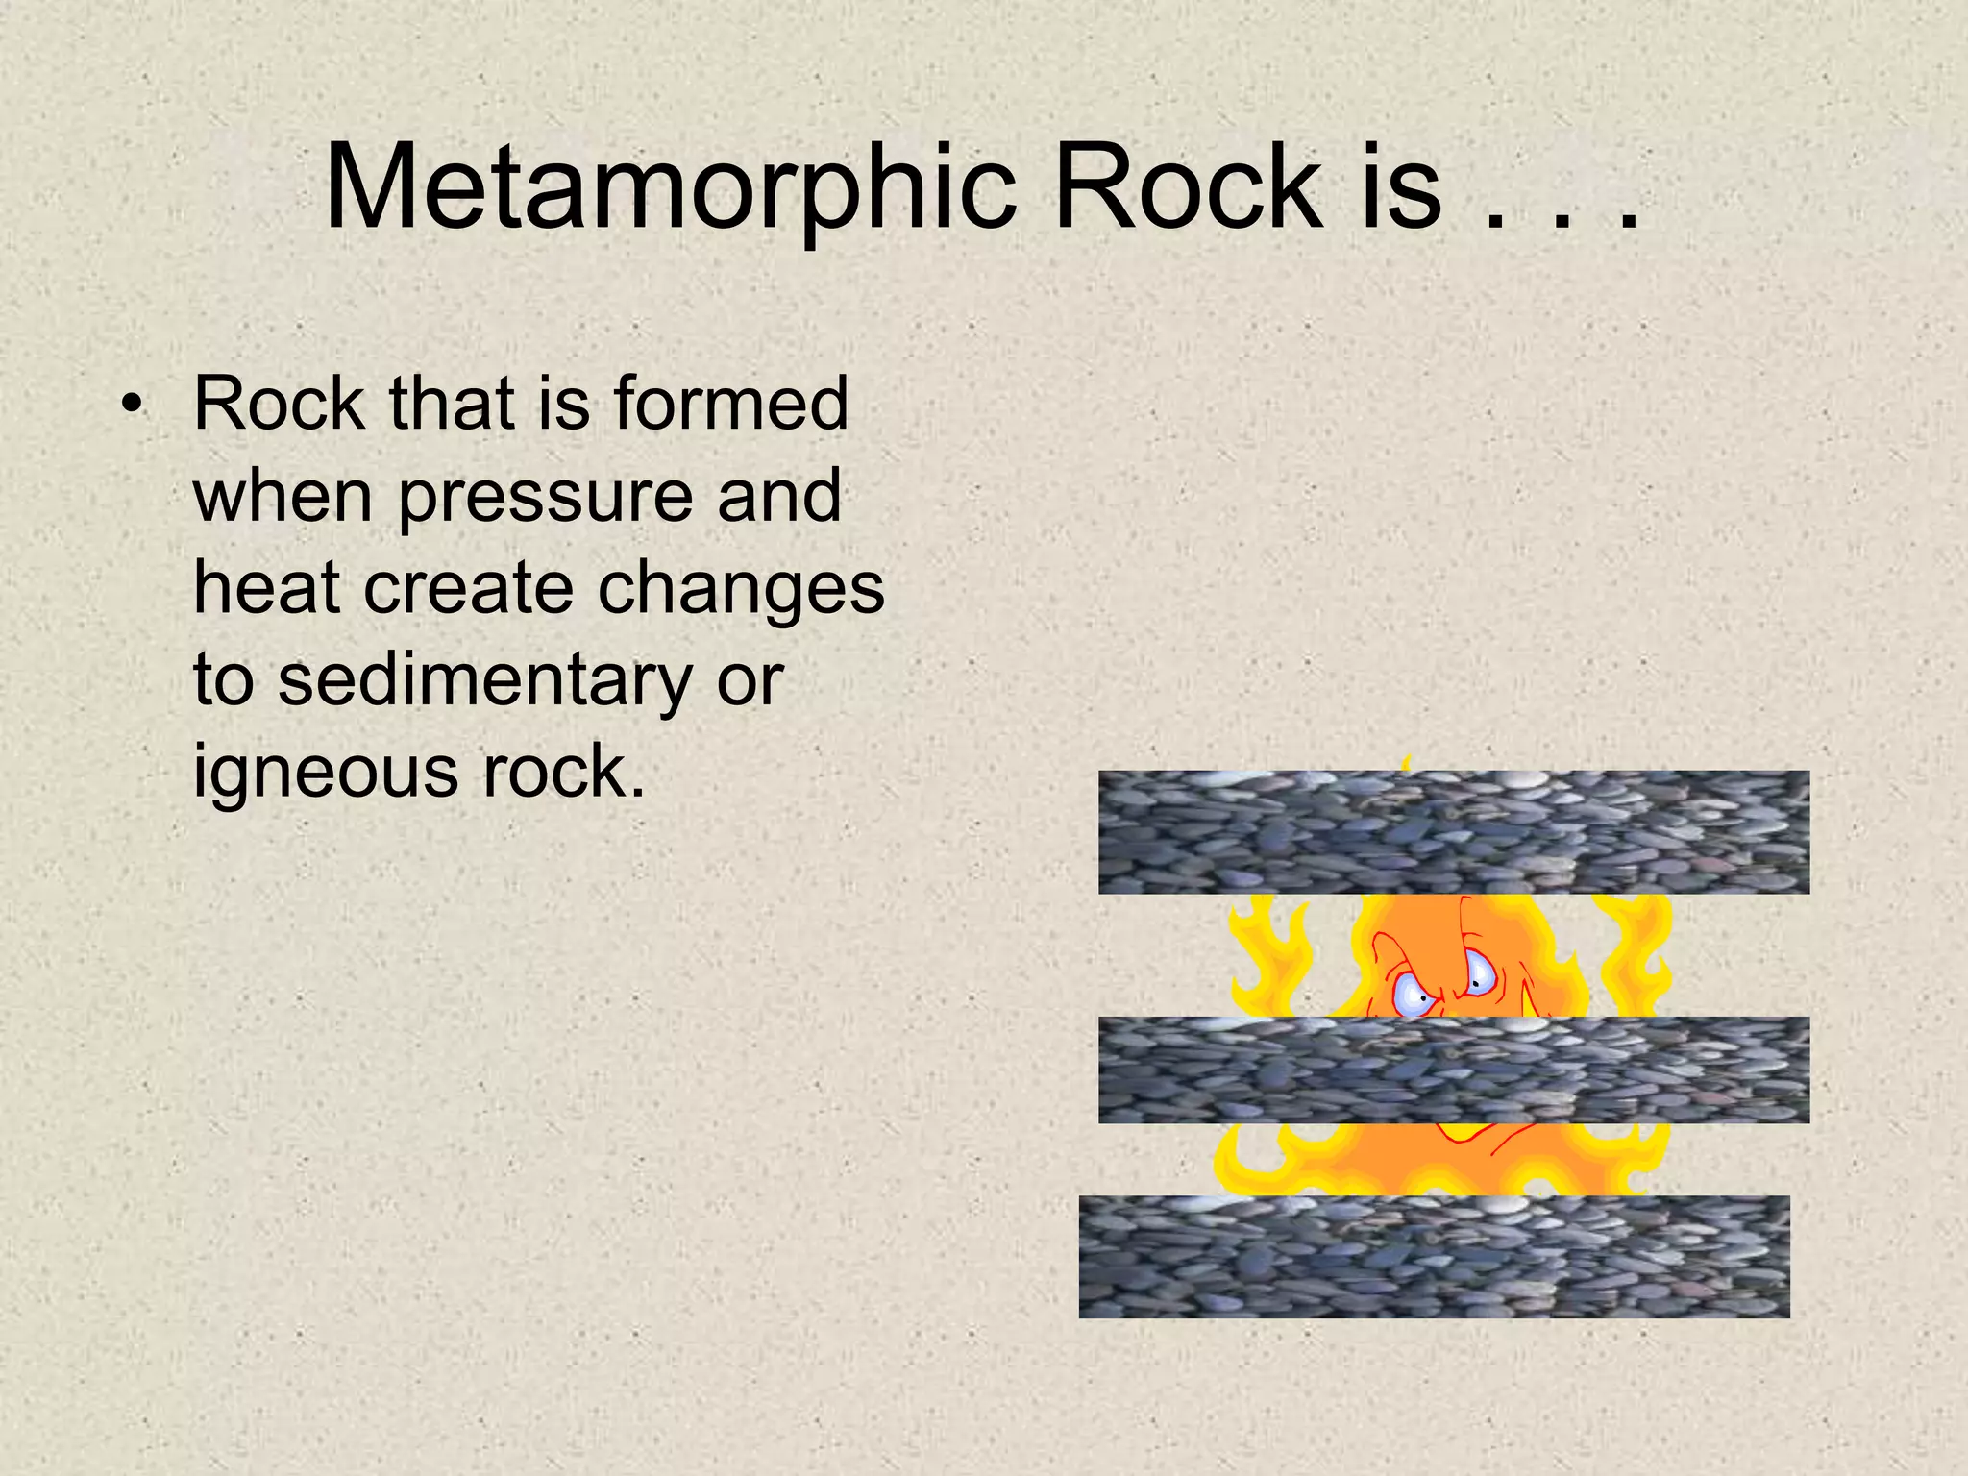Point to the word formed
tap(731, 404)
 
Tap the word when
tap(283, 496)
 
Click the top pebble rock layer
tap(1453, 832)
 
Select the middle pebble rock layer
tap(1453, 1070)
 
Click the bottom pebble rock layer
tap(1434, 1256)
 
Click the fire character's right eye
tap(1477, 974)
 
